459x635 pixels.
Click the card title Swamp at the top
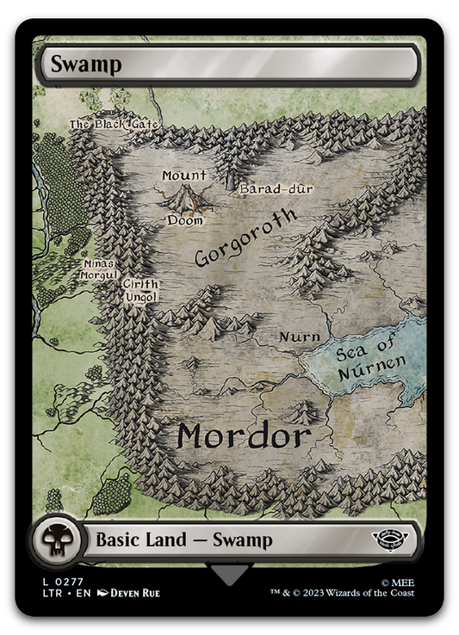pos(73,63)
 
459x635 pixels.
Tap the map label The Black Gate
pos(115,125)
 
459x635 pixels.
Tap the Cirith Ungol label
pos(139,290)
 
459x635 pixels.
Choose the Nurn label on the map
pos(301,336)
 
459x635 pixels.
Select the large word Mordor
pos(243,436)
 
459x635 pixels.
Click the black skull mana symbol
pos(57,540)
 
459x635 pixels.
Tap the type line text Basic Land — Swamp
pos(183,540)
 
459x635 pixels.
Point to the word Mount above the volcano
pos(183,176)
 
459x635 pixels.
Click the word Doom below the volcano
pos(185,220)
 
